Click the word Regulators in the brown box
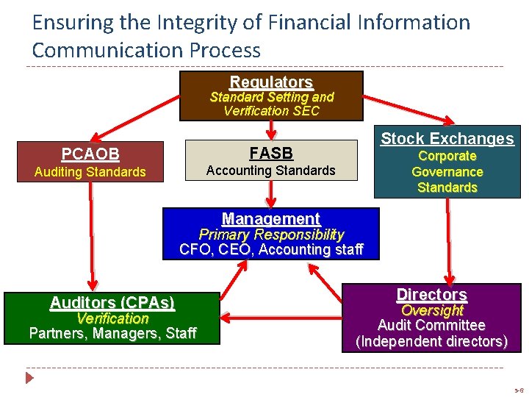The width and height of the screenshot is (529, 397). point(271,82)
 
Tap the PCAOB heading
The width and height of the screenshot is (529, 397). point(90,154)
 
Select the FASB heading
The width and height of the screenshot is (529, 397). point(271,153)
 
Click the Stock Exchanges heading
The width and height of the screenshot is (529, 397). point(447,138)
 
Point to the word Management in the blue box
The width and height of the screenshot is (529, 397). point(271,218)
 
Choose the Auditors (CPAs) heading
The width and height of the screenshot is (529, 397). point(112,302)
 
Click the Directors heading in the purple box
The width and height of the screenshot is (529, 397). point(431,294)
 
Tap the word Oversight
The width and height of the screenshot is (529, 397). point(431,310)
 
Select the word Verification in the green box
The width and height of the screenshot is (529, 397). point(112,318)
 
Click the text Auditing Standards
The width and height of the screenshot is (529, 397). point(90,172)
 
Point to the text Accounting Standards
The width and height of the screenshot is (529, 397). point(271,170)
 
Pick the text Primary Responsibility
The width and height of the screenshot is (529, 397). point(271,235)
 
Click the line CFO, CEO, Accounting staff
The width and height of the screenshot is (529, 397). point(271,249)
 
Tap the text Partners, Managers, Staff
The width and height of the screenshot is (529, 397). point(112,333)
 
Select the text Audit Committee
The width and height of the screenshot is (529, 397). point(431,325)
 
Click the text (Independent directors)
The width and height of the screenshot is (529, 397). point(431,341)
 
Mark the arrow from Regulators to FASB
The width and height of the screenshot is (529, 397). point(271,129)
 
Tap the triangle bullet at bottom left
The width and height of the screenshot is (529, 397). point(29,379)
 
